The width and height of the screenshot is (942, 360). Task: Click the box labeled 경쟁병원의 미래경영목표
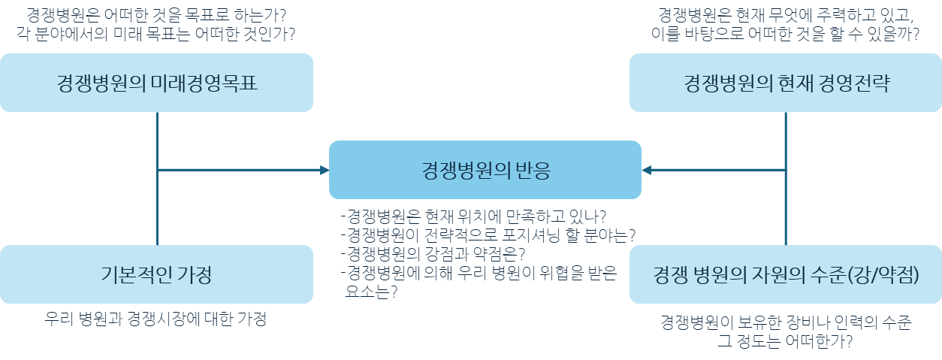pyautogui.click(x=156, y=83)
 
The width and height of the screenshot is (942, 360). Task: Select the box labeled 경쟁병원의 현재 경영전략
pyautogui.click(x=786, y=83)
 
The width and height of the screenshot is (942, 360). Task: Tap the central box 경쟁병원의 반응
pyautogui.click(x=485, y=170)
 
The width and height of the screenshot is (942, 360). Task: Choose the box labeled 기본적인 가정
pyautogui.click(x=156, y=274)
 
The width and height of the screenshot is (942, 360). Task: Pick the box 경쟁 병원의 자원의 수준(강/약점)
pyautogui.click(x=786, y=274)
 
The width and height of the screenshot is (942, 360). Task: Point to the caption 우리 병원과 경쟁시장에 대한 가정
pyautogui.click(x=156, y=319)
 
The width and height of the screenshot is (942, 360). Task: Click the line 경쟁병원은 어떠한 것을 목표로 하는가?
pyautogui.click(x=156, y=15)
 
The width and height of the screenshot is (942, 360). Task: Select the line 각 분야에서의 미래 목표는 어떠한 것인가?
pyautogui.click(x=156, y=34)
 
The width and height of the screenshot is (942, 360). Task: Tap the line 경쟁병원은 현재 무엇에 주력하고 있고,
pyautogui.click(x=786, y=15)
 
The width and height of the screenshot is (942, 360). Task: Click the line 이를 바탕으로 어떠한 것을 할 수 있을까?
pyautogui.click(x=786, y=34)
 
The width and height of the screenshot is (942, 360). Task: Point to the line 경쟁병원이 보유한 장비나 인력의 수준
pyautogui.click(x=786, y=322)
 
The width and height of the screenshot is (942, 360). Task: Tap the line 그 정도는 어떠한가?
pyautogui.click(x=786, y=341)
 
